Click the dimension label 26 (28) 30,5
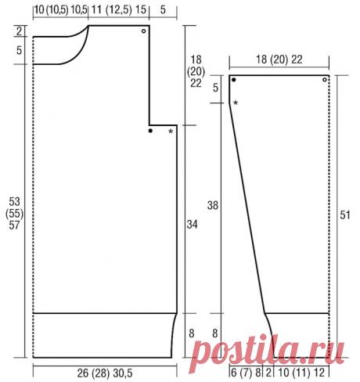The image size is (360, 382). click(x=105, y=373)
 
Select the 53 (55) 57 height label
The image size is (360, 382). click(x=14, y=213)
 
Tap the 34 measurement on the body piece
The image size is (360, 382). click(x=192, y=225)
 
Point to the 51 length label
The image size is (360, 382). click(x=344, y=215)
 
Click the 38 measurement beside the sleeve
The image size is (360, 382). click(x=213, y=206)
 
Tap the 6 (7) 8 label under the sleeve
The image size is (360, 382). click(x=246, y=373)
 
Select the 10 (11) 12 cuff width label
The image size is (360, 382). click(x=301, y=373)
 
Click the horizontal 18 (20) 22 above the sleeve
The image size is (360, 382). click(x=279, y=59)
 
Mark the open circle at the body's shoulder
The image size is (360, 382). click(x=143, y=31)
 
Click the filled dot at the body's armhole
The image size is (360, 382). click(x=150, y=131)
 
